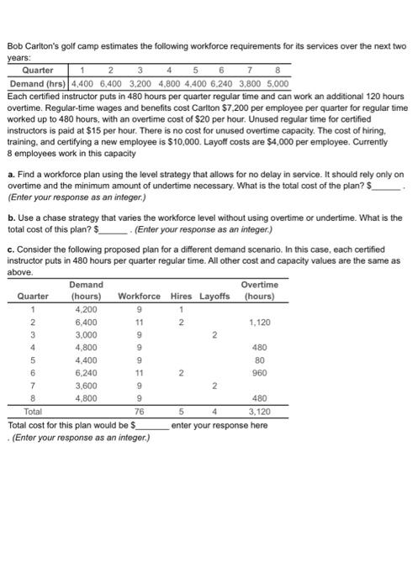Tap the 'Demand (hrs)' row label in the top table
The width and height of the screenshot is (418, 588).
click(38, 84)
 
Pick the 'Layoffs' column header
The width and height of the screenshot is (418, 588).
click(214, 296)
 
